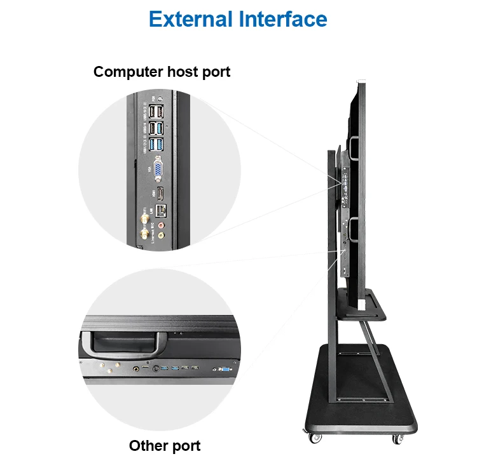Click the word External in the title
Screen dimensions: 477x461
pos(191,18)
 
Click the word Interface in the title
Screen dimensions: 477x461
pos(283,18)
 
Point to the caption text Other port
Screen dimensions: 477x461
pos(165,445)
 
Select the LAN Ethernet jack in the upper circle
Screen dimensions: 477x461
pos(161,210)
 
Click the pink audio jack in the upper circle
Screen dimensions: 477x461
pos(162,224)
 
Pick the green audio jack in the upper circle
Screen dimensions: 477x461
pos(161,235)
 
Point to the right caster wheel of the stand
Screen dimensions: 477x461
pos(397,438)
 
